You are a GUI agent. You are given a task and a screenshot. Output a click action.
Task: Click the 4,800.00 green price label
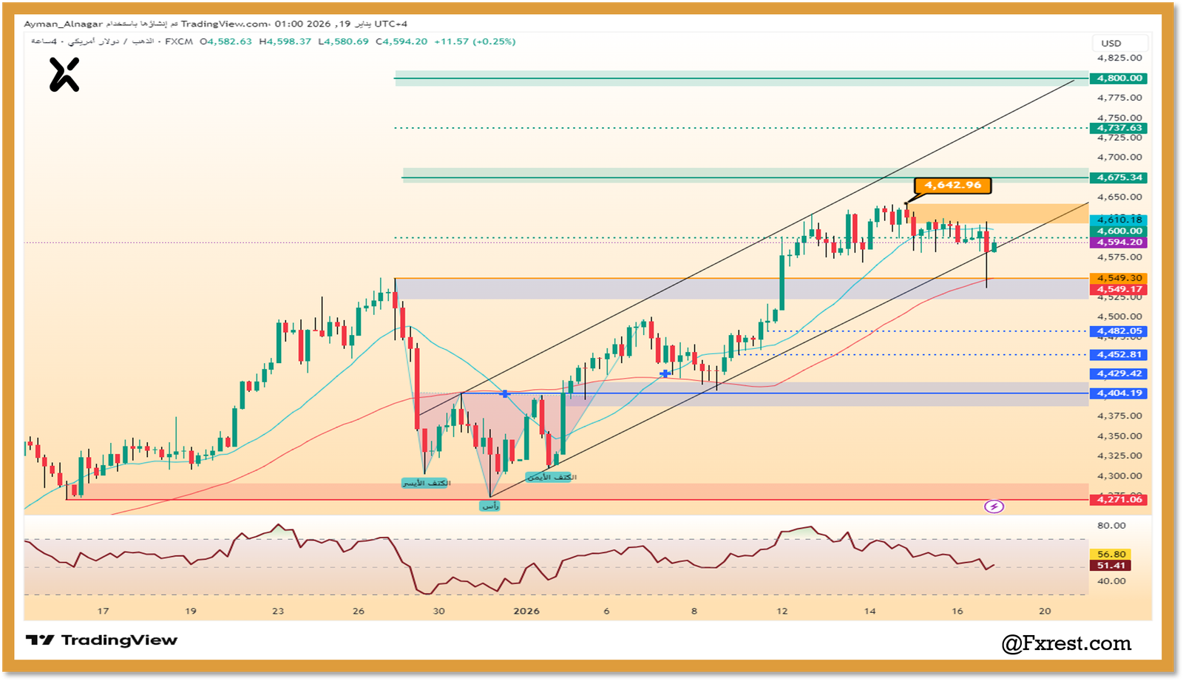click(1119, 78)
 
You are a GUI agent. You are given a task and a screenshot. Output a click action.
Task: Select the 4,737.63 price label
click(1119, 128)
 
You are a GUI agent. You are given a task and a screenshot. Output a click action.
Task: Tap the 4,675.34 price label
click(1119, 177)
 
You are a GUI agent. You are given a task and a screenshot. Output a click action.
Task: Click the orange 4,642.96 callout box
click(952, 185)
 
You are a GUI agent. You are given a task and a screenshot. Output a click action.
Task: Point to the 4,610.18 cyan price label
click(1119, 220)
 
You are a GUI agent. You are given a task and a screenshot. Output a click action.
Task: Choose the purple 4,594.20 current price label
click(1119, 243)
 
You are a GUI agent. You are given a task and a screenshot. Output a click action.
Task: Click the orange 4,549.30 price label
click(1119, 278)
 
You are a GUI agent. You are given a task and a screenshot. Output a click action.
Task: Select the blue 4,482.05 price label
click(1119, 331)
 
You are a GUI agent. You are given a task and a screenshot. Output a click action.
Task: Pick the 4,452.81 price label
click(1119, 355)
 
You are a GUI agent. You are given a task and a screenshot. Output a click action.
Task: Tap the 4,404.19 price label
click(1119, 393)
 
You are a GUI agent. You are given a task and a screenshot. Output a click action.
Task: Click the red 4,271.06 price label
click(1119, 500)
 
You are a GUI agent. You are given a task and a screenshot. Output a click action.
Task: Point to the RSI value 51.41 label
click(1111, 566)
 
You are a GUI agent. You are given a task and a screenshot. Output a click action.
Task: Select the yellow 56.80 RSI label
click(1111, 554)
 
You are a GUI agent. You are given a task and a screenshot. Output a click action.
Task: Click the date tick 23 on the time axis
click(278, 611)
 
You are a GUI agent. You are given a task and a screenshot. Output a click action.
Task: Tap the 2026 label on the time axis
click(526, 611)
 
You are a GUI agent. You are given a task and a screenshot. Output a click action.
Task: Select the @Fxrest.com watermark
click(1066, 643)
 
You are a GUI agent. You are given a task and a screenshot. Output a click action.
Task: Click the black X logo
click(64, 75)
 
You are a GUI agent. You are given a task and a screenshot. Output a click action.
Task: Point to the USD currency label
click(1111, 44)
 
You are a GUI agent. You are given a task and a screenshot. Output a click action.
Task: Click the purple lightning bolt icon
click(994, 506)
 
